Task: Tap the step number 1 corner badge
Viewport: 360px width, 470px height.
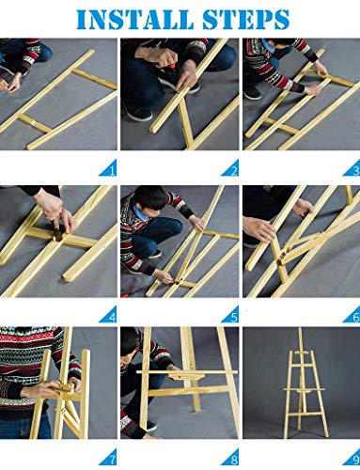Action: pyautogui.click(x=109, y=170)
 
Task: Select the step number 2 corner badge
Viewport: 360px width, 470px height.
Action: pyautogui.click(x=231, y=170)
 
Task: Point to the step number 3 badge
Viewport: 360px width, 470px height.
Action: pyautogui.click(x=352, y=170)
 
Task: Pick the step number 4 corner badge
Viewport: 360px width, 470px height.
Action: pyautogui.click(x=109, y=316)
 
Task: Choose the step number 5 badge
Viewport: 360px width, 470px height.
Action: pyautogui.click(x=231, y=316)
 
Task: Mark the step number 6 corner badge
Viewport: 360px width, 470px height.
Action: pyautogui.click(x=352, y=316)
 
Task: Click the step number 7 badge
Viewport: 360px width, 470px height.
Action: pyautogui.click(x=109, y=461)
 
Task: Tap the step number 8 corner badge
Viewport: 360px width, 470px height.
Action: pyautogui.click(x=231, y=461)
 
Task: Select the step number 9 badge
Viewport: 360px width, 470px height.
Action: pyautogui.click(x=352, y=461)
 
